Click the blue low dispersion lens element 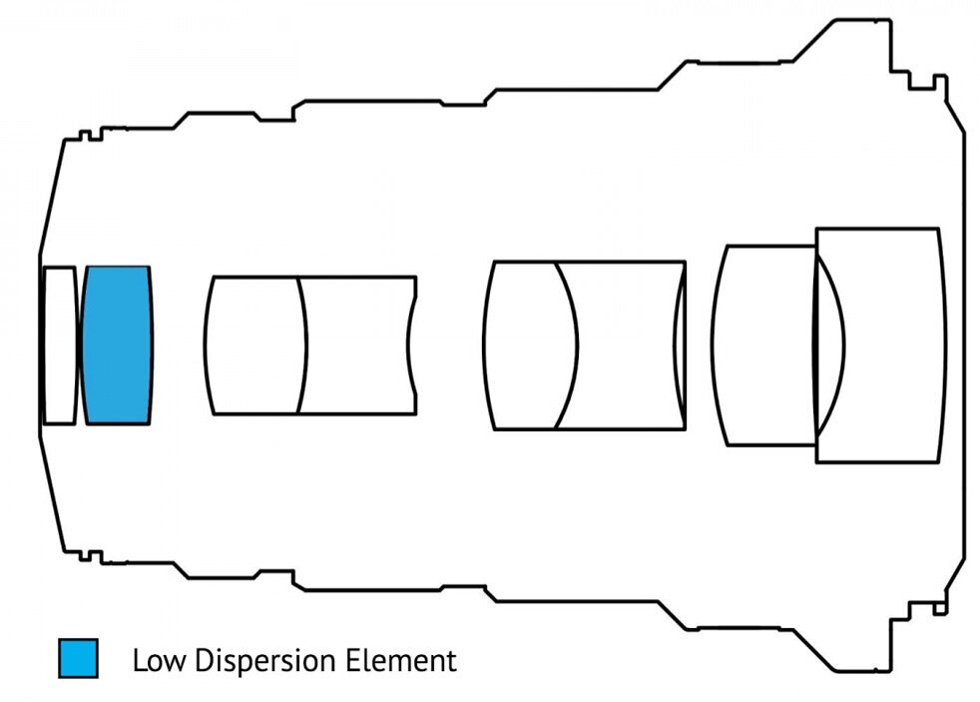click(117, 345)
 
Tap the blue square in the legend click(78, 659)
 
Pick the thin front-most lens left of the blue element click(59, 345)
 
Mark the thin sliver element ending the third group click(681, 346)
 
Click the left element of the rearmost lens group click(763, 346)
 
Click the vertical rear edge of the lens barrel click(965, 345)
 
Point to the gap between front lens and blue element click(80, 345)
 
